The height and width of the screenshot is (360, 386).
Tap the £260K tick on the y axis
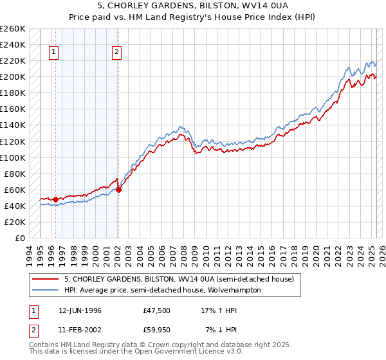(x=13, y=29)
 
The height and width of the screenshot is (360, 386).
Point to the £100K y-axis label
(x=13, y=157)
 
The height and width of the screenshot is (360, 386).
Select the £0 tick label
(x=19, y=238)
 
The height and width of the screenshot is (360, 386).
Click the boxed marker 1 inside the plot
(x=55, y=53)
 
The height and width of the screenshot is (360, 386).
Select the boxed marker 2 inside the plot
(x=117, y=53)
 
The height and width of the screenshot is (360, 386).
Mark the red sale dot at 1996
(x=56, y=199)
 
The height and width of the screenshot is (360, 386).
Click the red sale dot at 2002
(x=118, y=190)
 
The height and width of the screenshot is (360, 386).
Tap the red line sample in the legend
(x=46, y=279)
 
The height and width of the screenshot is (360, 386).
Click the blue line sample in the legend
(x=46, y=290)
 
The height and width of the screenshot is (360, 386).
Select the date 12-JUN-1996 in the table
(x=80, y=309)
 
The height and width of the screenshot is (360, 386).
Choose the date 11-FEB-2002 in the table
(x=80, y=330)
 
